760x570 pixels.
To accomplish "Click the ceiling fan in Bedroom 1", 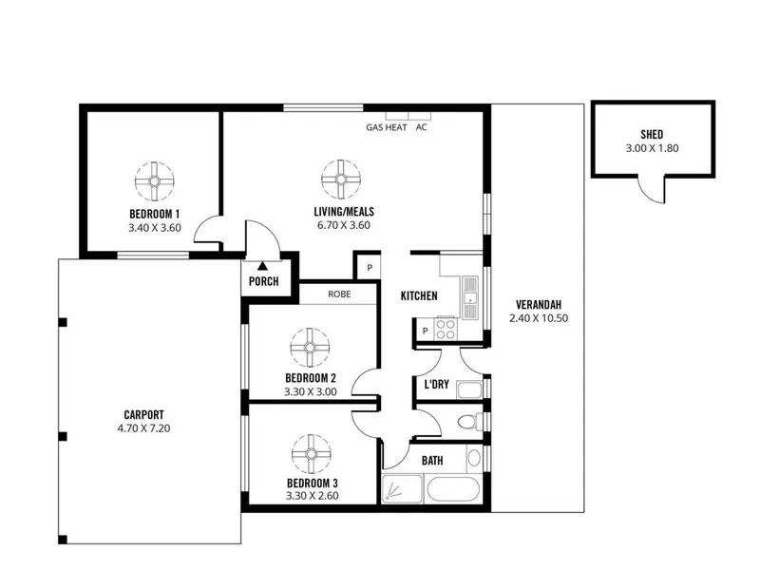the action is coord(154,181).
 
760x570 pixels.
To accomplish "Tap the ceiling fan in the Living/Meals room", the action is coord(341,180).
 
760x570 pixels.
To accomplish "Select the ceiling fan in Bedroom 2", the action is coord(310,348).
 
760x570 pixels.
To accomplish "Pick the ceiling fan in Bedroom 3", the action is coord(312,454).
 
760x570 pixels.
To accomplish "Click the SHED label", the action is coord(652,134).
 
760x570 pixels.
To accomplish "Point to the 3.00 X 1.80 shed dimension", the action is coord(652,148).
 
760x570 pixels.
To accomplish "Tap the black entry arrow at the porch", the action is coord(263,266).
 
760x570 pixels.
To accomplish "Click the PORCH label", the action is coord(264,281).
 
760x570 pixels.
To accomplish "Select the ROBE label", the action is coord(339,294).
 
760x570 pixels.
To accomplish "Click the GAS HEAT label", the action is coord(387,127).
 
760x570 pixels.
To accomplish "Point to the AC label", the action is coord(421,127).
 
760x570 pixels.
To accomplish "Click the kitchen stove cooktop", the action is coord(445,329).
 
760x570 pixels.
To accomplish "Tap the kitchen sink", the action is coord(469,297).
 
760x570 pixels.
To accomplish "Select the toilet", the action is coord(470,421).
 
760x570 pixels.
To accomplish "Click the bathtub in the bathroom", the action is coord(453,489).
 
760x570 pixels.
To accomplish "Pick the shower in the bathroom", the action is coord(402,489).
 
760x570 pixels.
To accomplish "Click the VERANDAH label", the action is coord(539,305).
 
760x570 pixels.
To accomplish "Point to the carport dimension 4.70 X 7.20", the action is coord(143,428).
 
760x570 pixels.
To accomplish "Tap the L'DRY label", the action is coord(436,385).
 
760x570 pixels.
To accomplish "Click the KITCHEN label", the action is coord(419,295).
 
